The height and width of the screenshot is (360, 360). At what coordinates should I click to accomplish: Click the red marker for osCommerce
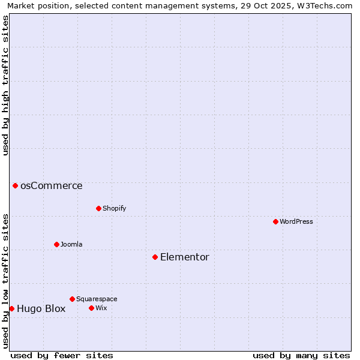pyautogui.click(x=15, y=185)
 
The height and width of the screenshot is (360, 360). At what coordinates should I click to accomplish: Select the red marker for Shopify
pyautogui.click(x=98, y=208)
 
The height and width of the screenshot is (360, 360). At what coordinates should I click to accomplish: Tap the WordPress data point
pyautogui.click(x=275, y=221)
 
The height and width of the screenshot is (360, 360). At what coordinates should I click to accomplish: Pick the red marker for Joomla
pyautogui.click(x=56, y=244)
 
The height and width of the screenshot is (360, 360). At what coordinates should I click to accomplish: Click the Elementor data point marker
pyautogui.click(x=155, y=257)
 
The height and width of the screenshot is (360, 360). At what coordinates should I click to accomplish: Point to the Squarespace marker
pyautogui.click(x=72, y=299)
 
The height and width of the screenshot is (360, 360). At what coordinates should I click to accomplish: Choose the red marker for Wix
pyautogui.click(x=91, y=308)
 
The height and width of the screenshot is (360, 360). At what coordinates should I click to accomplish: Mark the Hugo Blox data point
pyautogui.click(x=11, y=308)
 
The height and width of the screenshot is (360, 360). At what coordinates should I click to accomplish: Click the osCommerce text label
pyautogui.click(x=52, y=186)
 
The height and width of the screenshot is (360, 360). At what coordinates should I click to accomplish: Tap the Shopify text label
pyautogui.click(x=114, y=208)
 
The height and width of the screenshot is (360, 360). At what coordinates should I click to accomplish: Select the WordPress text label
pyautogui.click(x=296, y=221)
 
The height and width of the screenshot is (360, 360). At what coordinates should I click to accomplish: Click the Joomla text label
pyautogui.click(x=71, y=244)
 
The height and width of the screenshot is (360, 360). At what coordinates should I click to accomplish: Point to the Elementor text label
pyautogui.click(x=185, y=257)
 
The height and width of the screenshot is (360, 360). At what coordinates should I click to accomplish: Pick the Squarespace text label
pyautogui.click(x=97, y=299)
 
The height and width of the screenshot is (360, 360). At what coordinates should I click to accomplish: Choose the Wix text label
pyautogui.click(x=101, y=308)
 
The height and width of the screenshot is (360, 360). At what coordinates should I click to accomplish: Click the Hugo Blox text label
pyautogui.click(x=41, y=309)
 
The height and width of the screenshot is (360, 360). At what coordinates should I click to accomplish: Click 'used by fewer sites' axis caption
pyautogui.click(x=62, y=355)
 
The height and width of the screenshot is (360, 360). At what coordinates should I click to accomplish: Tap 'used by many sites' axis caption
pyautogui.click(x=301, y=355)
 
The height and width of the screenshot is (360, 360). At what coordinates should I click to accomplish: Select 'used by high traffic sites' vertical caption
pyautogui.click(x=6, y=85)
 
